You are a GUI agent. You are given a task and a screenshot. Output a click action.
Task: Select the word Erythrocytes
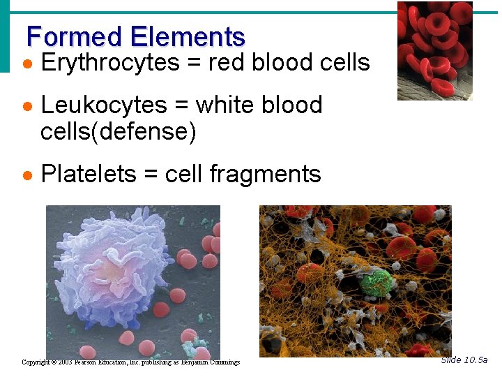click(x=111, y=64)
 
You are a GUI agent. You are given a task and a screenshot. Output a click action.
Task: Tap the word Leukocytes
click(x=104, y=105)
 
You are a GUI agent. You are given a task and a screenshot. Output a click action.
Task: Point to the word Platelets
click(x=89, y=174)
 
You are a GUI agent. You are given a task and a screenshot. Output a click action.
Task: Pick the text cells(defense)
click(x=119, y=131)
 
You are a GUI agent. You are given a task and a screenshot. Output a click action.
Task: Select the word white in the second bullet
click(x=225, y=105)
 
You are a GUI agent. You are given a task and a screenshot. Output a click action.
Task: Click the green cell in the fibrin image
click(x=376, y=283)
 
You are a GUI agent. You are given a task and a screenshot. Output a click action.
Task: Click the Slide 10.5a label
click(x=464, y=360)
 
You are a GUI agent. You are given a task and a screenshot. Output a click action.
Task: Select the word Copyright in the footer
click(x=36, y=362)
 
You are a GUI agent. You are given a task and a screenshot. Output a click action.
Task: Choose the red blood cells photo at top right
click(x=434, y=50)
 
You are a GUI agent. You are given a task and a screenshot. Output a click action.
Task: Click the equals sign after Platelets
click(x=151, y=175)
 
